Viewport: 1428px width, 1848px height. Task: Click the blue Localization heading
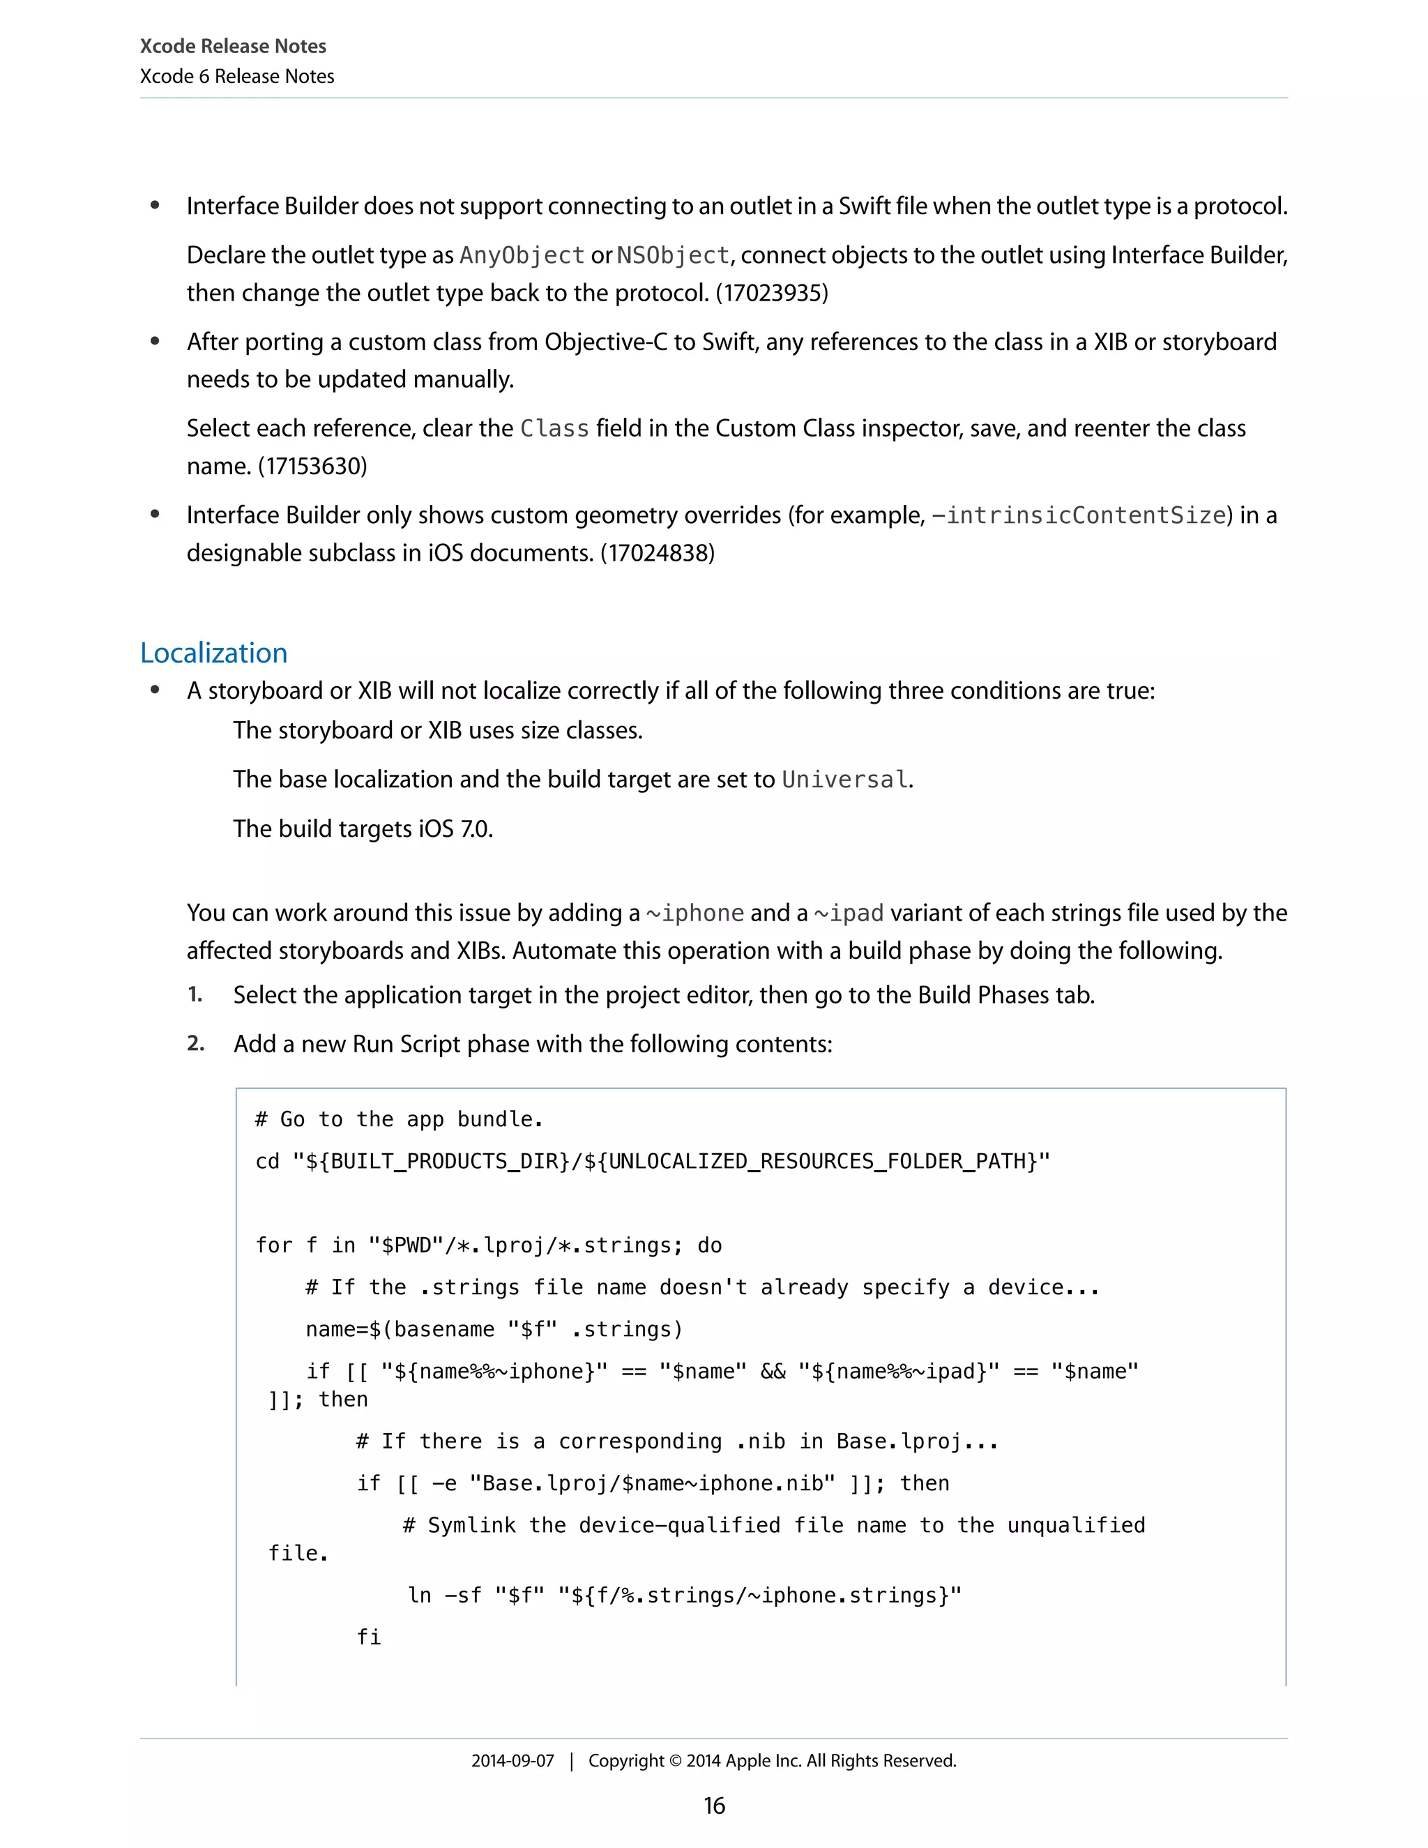(213, 653)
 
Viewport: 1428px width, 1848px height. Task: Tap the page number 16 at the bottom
(714, 1805)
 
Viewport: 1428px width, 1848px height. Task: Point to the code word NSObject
(673, 255)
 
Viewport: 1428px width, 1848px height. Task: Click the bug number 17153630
(312, 467)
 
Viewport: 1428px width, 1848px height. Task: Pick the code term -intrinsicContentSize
(1080, 515)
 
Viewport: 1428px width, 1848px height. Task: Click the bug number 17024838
(658, 554)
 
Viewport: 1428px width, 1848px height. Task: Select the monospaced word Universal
(844, 780)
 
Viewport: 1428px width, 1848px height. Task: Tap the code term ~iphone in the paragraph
(694, 913)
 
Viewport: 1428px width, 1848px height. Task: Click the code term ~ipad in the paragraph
(849, 913)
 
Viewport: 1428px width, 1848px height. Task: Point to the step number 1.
(195, 994)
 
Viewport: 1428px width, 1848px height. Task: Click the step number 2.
(195, 1043)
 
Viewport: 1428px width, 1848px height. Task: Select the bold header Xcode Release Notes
(233, 47)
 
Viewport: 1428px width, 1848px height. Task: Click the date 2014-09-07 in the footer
(512, 1761)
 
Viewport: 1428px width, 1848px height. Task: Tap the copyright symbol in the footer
(674, 1761)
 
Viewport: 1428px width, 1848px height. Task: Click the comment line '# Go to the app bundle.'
(398, 1119)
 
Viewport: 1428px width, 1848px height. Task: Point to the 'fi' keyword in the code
(369, 1637)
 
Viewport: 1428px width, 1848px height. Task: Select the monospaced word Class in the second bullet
(554, 429)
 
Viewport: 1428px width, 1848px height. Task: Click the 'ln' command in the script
(420, 1595)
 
